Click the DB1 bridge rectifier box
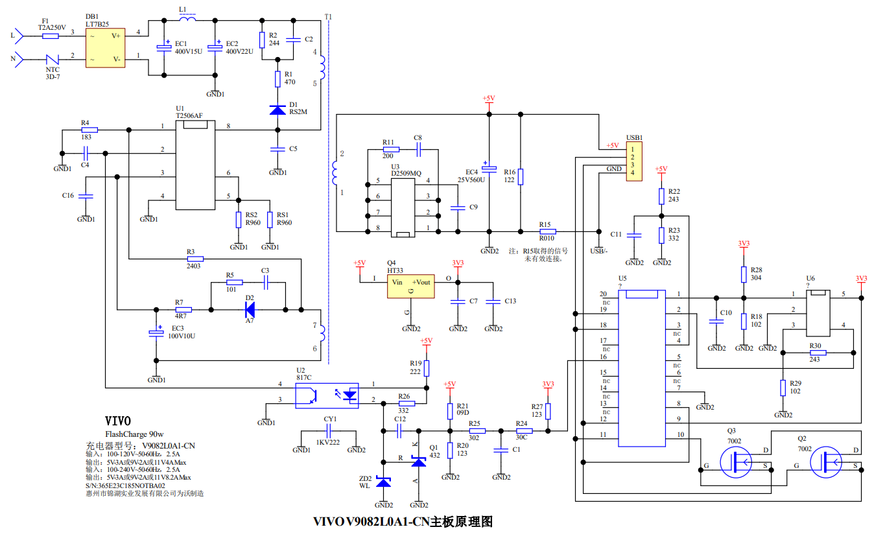(x=106, y=47)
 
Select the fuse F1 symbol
(x=51, y=36)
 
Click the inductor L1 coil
(x=188, y=19)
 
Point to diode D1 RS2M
(x=277, y=110)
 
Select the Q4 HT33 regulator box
(x=410, y=285)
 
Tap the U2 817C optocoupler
(x=327, y=395)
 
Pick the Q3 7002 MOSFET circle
(x=737, y=462)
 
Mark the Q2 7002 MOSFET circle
(x=827, y=462)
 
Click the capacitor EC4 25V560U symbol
(x=489, y=165)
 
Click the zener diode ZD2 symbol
(x=384, y=482)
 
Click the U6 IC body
(x=818, y=312)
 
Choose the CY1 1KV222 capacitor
(x=329, y=432)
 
